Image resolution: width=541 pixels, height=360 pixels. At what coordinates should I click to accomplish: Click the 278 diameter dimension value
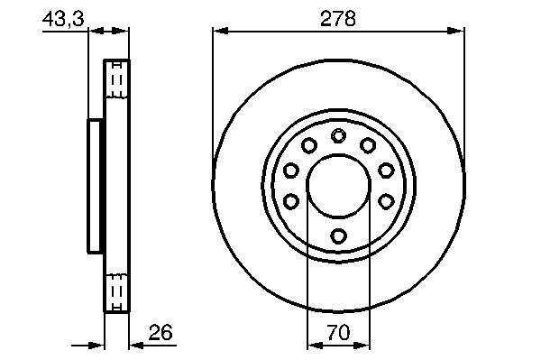click(338, 18)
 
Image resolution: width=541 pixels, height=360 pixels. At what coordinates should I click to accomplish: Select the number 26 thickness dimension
click(160, 332)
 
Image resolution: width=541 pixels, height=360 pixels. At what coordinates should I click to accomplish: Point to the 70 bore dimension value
click(338, 333)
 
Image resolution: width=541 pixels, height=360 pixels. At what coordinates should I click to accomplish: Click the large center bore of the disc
click(338, 186)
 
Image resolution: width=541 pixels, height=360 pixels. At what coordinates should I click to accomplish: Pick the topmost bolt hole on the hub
click(338, 135)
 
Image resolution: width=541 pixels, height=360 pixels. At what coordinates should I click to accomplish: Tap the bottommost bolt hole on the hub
click(338, 236)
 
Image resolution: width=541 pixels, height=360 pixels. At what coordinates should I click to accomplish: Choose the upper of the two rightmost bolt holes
click(386, 170)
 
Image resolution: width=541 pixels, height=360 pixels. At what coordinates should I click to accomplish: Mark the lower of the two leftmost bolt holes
click(291, 201)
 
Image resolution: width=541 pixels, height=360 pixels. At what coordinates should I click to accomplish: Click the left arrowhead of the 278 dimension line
click(221, 32)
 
